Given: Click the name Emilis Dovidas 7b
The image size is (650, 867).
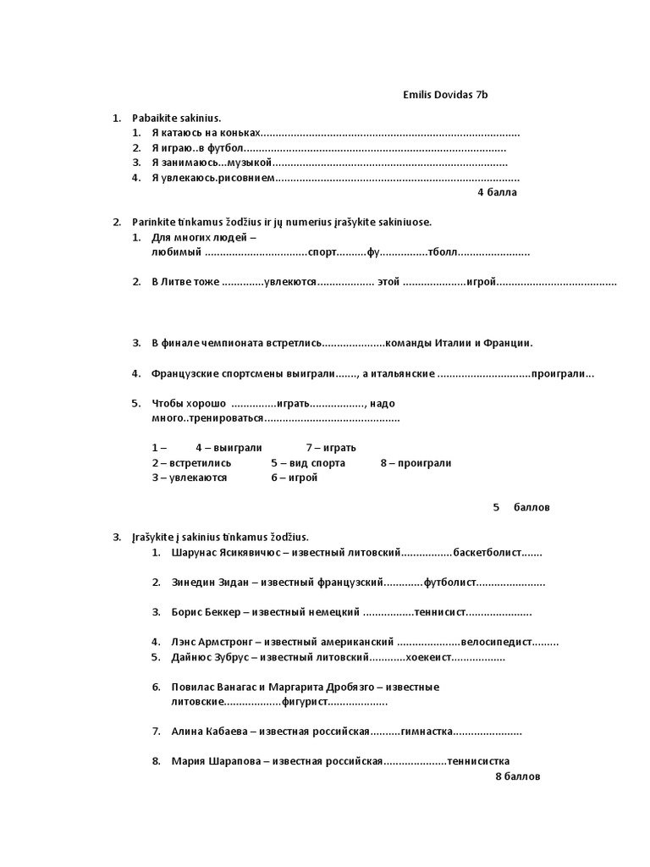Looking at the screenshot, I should [445, 95].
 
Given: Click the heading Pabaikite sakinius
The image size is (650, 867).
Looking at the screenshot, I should [176, 119].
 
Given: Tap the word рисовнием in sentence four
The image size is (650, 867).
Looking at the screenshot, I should [245, 178].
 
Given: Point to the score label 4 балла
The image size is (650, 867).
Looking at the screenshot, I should [497, 192].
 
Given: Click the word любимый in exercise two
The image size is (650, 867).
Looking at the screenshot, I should [176, 252].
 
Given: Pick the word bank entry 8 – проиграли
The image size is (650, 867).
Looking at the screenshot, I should [416, 463].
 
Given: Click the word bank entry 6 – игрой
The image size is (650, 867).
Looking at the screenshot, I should [295, 478].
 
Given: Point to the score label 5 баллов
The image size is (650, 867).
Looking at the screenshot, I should [521, 507].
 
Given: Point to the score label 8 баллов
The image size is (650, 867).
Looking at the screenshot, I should [517, 776].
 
